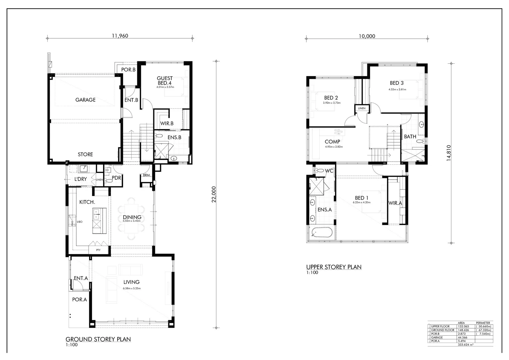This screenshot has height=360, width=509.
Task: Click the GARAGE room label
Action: tap(85, 100)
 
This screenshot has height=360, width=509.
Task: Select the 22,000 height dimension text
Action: tap(214, 194)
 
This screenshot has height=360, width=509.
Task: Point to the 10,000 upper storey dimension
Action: tap(367, 36)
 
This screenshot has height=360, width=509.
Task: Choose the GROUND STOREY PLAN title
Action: tap(98, 339)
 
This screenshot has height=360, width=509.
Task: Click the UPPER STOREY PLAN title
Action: tap(334, 267)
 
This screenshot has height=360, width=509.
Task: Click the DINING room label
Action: tap(132, 217)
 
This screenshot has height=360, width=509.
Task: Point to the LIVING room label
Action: tap(131, 282)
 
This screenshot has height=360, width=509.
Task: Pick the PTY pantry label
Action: tap(98, 250)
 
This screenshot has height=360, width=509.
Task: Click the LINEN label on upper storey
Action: tap(362, 108)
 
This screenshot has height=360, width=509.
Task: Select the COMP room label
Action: tap(332, 142)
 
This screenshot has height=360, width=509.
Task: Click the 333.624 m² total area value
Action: tap(466, 345)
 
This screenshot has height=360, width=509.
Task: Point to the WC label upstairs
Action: tap(329, 171)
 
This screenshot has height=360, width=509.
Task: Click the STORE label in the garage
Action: tap(85, 154)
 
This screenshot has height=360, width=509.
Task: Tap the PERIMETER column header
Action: tap(483, 323)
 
